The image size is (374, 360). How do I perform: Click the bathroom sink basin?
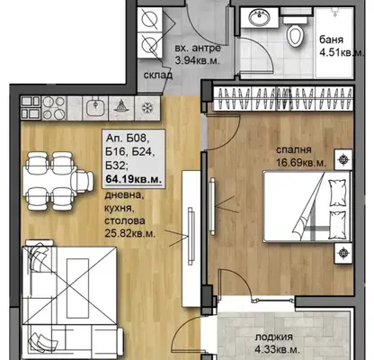tap(260, 18)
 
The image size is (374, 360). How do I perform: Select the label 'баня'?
tap(331, 40)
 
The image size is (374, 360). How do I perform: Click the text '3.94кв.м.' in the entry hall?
tap(197, 60)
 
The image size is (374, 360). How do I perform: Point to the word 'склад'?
tap(157, 75)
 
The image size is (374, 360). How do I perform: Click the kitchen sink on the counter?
tap(95, 108)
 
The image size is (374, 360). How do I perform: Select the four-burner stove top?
tap(54, 108)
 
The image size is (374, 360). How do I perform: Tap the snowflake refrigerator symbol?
tap(147, 108)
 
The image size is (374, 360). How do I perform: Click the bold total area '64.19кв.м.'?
tap(134, 179)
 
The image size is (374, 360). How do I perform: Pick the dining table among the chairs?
tap(49, 181)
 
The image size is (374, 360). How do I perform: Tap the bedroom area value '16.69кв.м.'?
tap(301, 163)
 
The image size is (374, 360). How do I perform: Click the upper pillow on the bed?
tap(338, 193)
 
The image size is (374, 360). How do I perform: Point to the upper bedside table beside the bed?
tap(343, 160)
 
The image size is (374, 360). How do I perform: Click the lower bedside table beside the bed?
tap(343, 253)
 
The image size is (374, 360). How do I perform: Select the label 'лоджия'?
tap(274, 337)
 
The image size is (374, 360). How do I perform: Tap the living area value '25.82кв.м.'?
tap(130, 233)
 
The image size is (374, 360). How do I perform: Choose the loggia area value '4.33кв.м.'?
tap(277, 349)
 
